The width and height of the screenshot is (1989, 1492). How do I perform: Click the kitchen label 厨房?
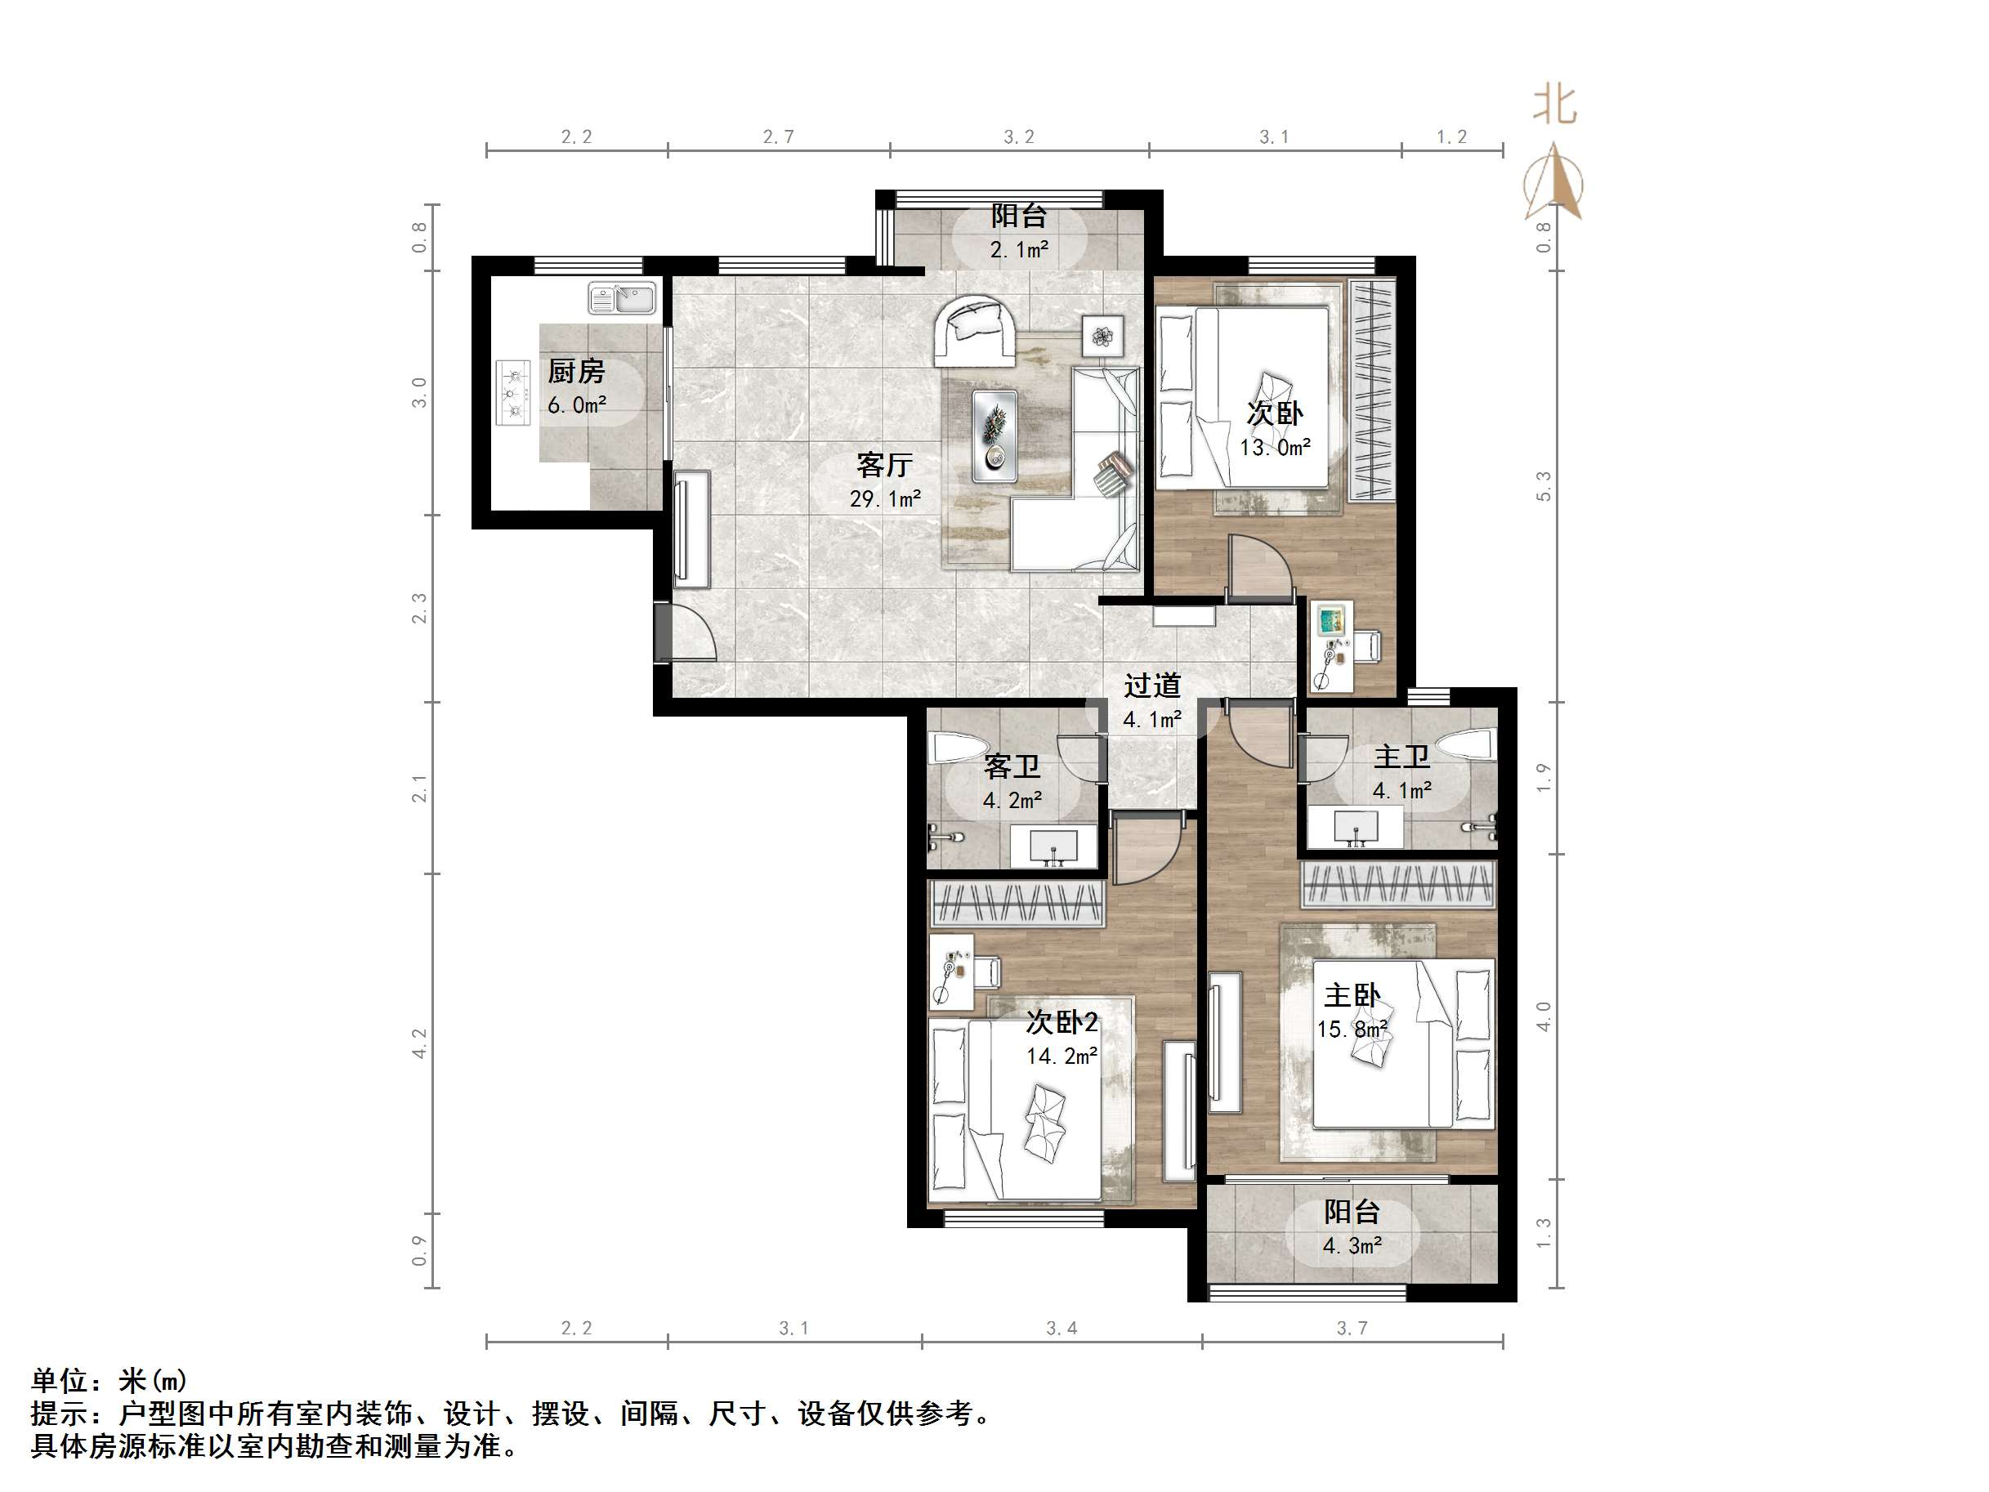coord(575,370)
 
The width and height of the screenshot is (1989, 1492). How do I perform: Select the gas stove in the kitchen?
coord(513,392)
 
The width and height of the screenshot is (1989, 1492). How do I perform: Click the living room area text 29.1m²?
coord(885,498)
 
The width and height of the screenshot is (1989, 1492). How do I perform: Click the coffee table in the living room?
coord(994,436)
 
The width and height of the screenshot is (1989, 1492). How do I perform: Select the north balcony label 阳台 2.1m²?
coord(1019,232)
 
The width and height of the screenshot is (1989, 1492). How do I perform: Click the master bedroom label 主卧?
coord(1352,995)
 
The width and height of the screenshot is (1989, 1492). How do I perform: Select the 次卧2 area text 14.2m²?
coord(1062,1056)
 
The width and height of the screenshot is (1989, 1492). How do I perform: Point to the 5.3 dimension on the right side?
coord(1543,485)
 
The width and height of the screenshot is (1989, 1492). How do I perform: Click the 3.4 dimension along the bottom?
coord(1061,1329)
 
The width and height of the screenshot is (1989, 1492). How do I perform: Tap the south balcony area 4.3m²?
coord(1352,1245)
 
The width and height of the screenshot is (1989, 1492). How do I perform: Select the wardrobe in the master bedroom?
coord(1397,883)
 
